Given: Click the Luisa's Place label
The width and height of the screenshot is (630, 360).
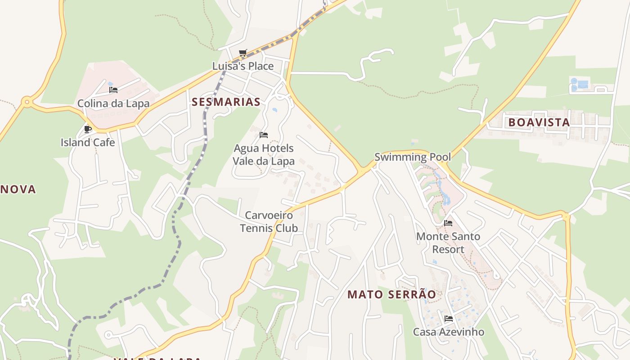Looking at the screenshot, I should pos(243,66).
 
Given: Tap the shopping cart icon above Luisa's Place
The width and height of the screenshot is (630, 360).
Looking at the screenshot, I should pos(243,53).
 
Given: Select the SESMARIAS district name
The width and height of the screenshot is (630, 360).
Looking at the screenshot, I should pos(226,102).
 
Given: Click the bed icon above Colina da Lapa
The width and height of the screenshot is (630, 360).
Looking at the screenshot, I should pos(113,90).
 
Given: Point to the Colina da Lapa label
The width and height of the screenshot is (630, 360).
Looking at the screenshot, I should pos(113,103).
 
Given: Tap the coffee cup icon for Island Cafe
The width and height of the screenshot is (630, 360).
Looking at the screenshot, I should pos(88,130).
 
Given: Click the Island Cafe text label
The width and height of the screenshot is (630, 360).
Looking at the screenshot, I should pos(88,143).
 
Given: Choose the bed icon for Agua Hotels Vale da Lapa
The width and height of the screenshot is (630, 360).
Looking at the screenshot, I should pos(264,135).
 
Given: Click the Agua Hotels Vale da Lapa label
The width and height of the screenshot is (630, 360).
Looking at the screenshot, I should pos(264,154).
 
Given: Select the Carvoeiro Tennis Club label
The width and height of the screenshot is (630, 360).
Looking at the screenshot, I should pos(269,221).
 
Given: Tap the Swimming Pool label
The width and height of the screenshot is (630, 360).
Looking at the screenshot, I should pos(413,157).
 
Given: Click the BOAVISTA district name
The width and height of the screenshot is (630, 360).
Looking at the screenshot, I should pos(539,122).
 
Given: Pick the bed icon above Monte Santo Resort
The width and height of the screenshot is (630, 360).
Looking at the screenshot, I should pos(448,223).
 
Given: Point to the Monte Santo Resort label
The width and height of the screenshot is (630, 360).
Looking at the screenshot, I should pos(448,243).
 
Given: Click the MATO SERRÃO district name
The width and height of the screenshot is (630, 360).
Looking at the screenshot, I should pos(391,295).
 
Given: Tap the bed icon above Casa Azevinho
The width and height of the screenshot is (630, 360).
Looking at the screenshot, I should pos(449,319).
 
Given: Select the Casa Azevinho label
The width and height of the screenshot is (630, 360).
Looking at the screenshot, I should pos(449,332).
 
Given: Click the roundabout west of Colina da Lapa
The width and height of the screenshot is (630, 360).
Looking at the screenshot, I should pos(27,103).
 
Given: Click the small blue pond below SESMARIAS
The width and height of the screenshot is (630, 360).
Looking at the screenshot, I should pos(274,110).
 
